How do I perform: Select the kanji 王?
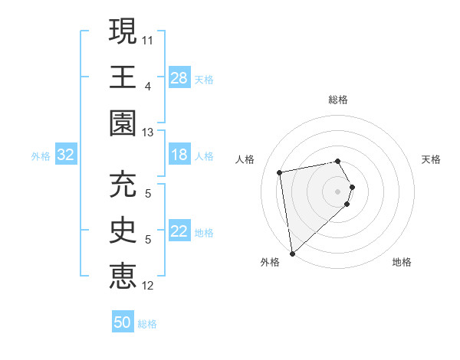click(x=123, y=77)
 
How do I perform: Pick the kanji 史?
click(x=123, y=230)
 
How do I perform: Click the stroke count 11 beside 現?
click(x=148, y=38)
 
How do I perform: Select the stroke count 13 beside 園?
click(x=148, y=133)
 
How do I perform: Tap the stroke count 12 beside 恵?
click(x=148, y=286)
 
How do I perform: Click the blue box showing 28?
click(x=179, y=78)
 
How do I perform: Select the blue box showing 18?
click(x=179, y=155)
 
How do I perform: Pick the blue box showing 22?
click(x=179, y=232)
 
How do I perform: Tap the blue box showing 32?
click(x=66, y=155)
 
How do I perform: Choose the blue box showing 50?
click(x=123, y=322)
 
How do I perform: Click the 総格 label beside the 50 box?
click(x=147, y=324)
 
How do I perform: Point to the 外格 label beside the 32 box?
click(x=41, y=156)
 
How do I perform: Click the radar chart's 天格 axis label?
click(x=431, y=159)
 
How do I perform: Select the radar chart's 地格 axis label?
click(x=402, y=263)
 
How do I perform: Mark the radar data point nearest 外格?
click(x=292, y=254)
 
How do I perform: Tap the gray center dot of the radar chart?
click(x=338, y=191)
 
